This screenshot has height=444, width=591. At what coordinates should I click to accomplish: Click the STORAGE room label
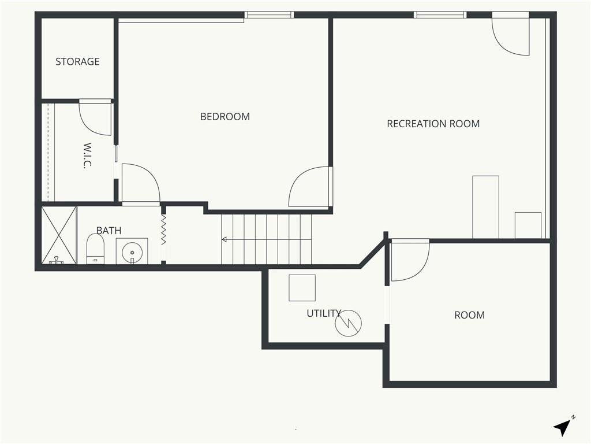(77, 61)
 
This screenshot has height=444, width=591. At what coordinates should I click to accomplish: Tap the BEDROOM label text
(225, 117)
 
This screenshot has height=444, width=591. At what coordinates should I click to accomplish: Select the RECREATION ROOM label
(433, 124)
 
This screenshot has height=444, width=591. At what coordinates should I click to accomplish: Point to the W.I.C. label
(87, 155)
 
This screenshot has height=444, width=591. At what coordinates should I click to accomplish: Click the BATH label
(109, 230)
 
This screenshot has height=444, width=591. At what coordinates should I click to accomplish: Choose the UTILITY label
(324, 313)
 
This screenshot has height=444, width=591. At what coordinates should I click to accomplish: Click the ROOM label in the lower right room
(469, 315)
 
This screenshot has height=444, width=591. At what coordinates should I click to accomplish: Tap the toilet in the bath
(95, 249)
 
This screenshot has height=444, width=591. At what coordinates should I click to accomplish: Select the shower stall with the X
(59, 235)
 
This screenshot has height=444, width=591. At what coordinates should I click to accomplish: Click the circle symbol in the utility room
(348, 323)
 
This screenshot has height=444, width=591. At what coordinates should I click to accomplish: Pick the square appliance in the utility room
(302, 288)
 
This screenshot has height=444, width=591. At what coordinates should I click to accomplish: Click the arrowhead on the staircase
(224, 239)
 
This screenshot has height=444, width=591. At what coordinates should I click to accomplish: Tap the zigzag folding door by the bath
(163, 230)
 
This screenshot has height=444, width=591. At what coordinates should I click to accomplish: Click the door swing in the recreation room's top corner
(511, 36)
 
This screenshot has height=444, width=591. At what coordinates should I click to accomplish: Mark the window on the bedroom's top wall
(269, 14)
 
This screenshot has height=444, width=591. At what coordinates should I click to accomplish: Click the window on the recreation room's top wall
(440, 14)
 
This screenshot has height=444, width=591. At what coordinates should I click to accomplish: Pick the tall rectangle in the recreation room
(486, 207)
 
